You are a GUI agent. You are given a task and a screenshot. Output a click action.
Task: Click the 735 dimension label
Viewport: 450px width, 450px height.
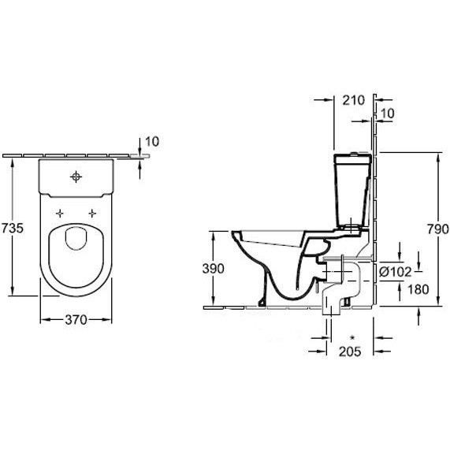(12, 229)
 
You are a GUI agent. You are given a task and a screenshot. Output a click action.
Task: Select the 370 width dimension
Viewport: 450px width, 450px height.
(76, 320)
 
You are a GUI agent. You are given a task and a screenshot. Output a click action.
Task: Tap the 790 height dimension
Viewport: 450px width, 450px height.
(438, 229)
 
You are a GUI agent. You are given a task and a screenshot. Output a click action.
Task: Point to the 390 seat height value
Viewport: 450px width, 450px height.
(214, 269)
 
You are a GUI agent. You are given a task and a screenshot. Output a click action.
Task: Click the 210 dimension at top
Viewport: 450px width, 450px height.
(354, 100)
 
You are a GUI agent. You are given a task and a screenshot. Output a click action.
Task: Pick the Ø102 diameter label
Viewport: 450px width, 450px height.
(395, 272)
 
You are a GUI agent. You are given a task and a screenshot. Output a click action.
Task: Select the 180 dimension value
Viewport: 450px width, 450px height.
(418, 289)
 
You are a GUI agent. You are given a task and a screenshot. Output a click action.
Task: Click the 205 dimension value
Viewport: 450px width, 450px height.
(350, 351)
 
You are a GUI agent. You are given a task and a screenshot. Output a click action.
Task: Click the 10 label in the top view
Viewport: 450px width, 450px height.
(152, 142)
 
